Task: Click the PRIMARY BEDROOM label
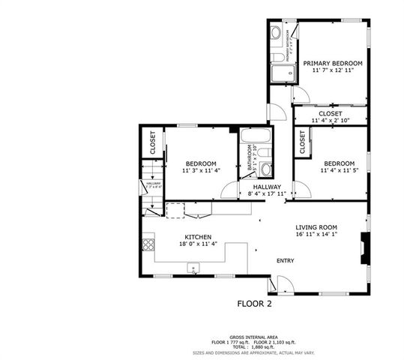[333, 64]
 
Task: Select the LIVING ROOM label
[316, 227]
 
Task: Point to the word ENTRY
[285, 261]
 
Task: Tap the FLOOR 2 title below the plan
[254, 304]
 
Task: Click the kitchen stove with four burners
[148, 244]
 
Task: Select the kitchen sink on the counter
[193, 266]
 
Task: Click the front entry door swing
[280, 283]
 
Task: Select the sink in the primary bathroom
[275, 33]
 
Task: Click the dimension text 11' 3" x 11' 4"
[201, 170]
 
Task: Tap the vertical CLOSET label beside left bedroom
[152, 142]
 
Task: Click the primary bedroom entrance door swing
[300, 94]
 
